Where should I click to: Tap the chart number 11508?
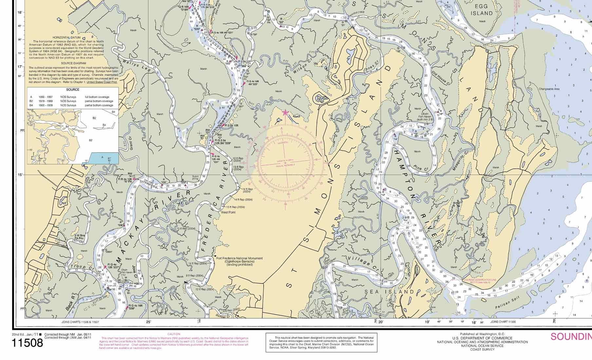tap(28, 343)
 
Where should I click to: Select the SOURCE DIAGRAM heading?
tap(73, 63)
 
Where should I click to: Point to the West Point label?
tap(228, 212)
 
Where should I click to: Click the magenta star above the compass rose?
tap(285, 113)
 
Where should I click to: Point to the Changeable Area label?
tap(549, 89)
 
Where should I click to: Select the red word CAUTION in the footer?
tap(174, 334)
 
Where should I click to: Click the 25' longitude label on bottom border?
tap(148, 322)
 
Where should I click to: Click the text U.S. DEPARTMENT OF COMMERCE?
tap(482, 338)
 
